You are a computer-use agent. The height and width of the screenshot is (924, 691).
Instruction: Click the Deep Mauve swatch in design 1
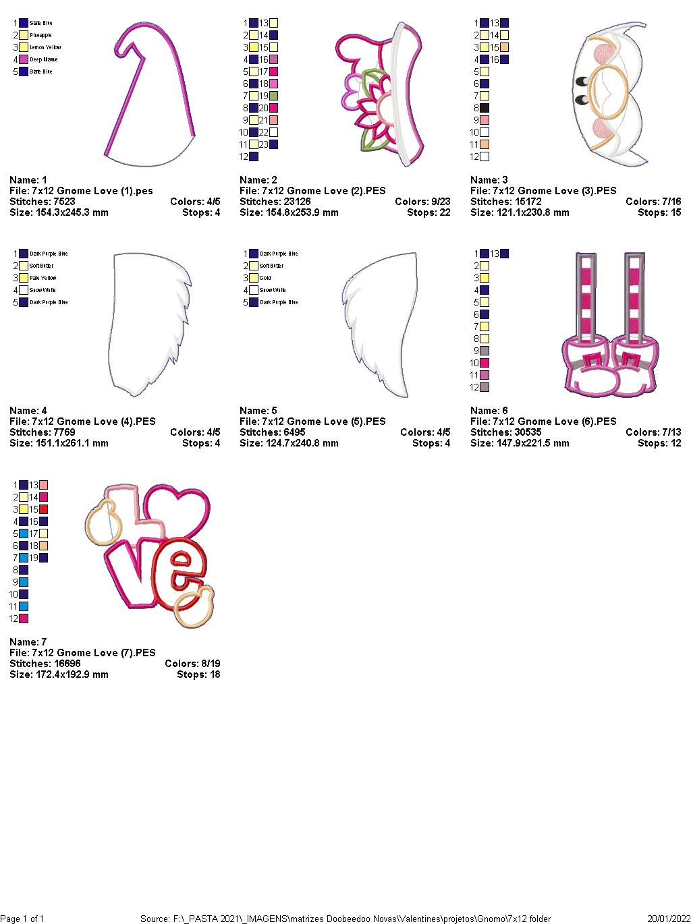pyautogui.click(x=24, y=59)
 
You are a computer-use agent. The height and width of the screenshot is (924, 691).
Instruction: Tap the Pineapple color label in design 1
pyautogui.click(x=40, y=35)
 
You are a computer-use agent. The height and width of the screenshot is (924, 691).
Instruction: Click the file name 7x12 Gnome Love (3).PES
pyautogui.click(x=543, y=191)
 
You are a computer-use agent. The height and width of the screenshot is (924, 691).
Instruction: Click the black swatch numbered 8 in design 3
pyautogui.click(x=484, y=108)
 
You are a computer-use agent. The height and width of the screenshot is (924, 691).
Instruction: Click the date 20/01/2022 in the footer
pyautogui.click(x=668, y=919)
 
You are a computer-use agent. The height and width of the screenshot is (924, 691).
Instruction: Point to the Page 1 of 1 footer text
pyautogui.click(x=22, y=919)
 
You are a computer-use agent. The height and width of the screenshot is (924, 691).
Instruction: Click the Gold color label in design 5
pyautogui.click(x=265, y=278)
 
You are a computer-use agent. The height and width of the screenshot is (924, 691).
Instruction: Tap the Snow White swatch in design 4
pyautogui.click(x=24, y=290)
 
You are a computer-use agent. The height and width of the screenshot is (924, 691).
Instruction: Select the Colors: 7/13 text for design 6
pyautogui.click(x=653, y=432)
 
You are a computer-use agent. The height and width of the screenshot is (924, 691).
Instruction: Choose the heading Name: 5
pyautogui.click(x=258, y=411)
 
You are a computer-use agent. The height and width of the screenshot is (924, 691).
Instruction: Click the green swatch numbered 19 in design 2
pyautogui.click(x=273, y=96)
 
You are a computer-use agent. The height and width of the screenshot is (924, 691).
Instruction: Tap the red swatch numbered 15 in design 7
pyautogui.click(x=43, y=509)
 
